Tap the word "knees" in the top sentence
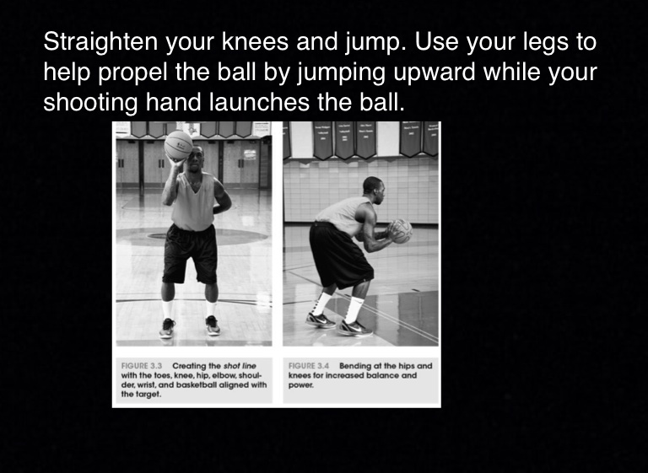(x=255, y=41)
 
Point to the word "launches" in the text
(x=260, y=103)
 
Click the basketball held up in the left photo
(x=179, y=145)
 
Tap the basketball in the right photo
(x=401, y=231)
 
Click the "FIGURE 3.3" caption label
(x=142, y=366)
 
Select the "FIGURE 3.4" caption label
(x=309, y=366)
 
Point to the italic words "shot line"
(x=240, y=366)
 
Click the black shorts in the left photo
(x=190, y=254)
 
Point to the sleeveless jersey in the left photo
(x=193, y=202)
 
